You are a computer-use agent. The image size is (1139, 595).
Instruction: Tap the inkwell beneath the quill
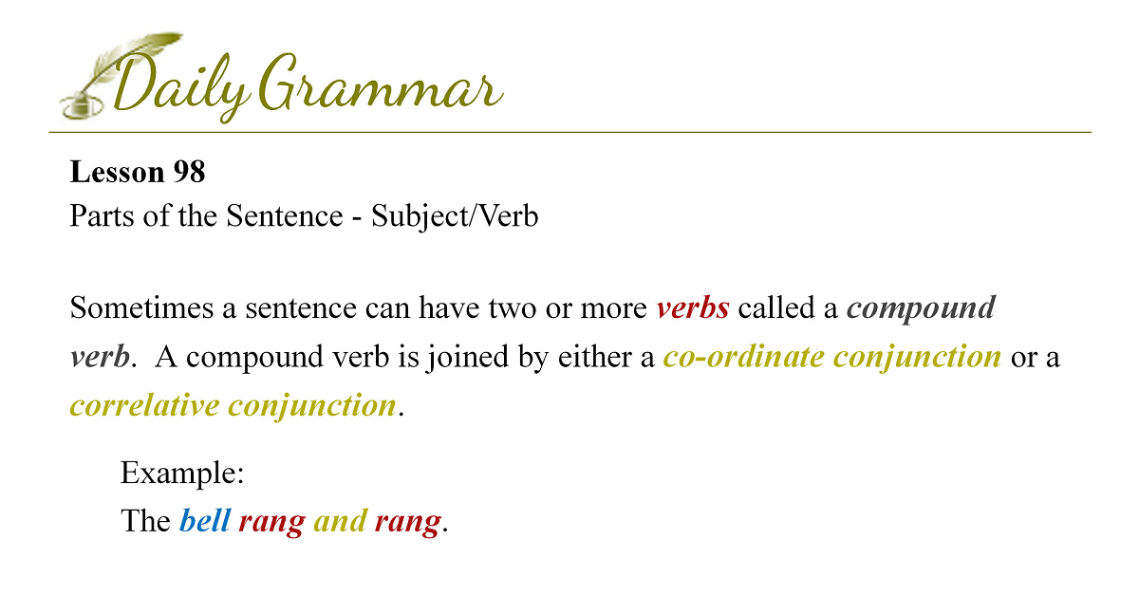[x=82, y=107]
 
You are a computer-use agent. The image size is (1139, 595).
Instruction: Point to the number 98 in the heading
[x=189, y=172]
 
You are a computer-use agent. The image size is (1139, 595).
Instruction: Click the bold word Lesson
[x=117, y=172]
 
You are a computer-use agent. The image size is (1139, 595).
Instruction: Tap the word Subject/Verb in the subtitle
[x=455, y=216]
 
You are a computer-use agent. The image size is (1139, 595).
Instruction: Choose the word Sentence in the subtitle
[x=285, y=215]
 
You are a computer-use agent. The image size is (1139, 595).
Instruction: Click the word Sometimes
[x=141, y=307]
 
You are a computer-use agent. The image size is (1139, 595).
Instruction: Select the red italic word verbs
[x=693, y=308]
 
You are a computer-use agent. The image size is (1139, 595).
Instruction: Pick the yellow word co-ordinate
[x=744, y=357]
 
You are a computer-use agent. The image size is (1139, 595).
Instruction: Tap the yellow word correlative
[x=145, y=405]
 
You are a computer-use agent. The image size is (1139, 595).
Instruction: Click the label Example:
[x=182, y=474]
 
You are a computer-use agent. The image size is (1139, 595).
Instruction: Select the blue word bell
[x=205, y=521]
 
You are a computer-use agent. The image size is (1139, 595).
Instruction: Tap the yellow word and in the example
[x=340, y=521]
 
